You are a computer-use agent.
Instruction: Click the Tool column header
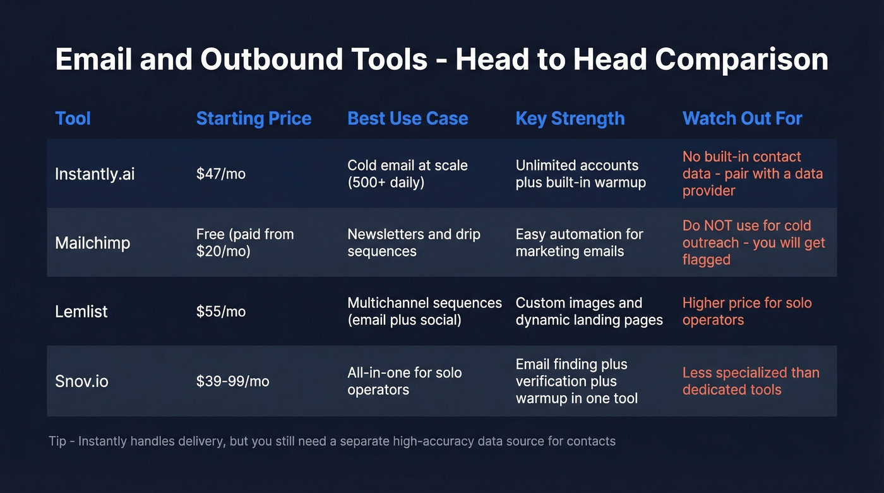[x=73, y=119]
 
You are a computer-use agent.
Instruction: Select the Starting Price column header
[x=254, y=119]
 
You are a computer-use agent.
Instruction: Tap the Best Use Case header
[x=408, y=119]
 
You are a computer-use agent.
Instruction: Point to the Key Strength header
[x=570, y=119]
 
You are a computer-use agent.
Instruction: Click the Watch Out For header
[x=743, y=119]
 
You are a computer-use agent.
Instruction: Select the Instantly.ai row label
[x=95, y=174]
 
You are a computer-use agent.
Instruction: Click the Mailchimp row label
[x=93, y=242]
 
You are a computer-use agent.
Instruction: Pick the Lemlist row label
[x=81, y=311]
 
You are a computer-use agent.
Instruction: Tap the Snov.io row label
[x=81, y=381]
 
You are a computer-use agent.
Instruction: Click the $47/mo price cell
[x=221, y=174]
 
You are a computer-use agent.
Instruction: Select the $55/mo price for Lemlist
[x=221, y=311]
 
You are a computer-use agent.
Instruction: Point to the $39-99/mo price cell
[x=233, y=381]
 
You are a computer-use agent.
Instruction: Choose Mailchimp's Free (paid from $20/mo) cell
[x=245, y=242]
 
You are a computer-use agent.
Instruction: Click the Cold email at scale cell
[x=407, y=174]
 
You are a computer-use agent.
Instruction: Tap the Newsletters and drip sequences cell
[x=414, y=242]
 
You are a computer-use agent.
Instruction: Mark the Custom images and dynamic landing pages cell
[x=589, y=311]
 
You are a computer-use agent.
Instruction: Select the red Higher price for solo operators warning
[x=747, y=311]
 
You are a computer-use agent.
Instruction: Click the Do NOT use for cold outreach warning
[x=754, y=242]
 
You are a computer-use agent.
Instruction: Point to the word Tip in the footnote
[x=57, y=441]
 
